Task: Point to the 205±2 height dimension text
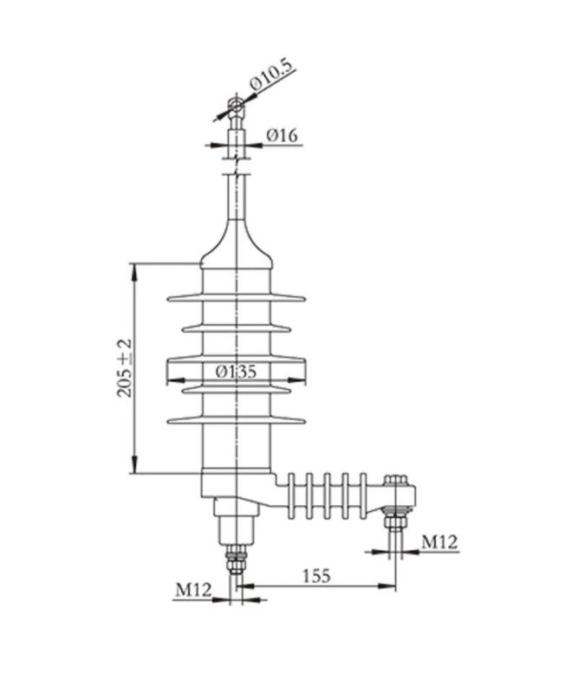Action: click(124, 366)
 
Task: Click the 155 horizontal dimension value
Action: click(317, 576)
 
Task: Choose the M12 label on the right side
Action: click(439, 542)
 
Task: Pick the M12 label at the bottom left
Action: click(194, 589)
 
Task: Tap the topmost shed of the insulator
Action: click(237, 298)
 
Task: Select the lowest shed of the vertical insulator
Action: click(237, 421)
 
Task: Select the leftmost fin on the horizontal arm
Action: click(293, 495)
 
